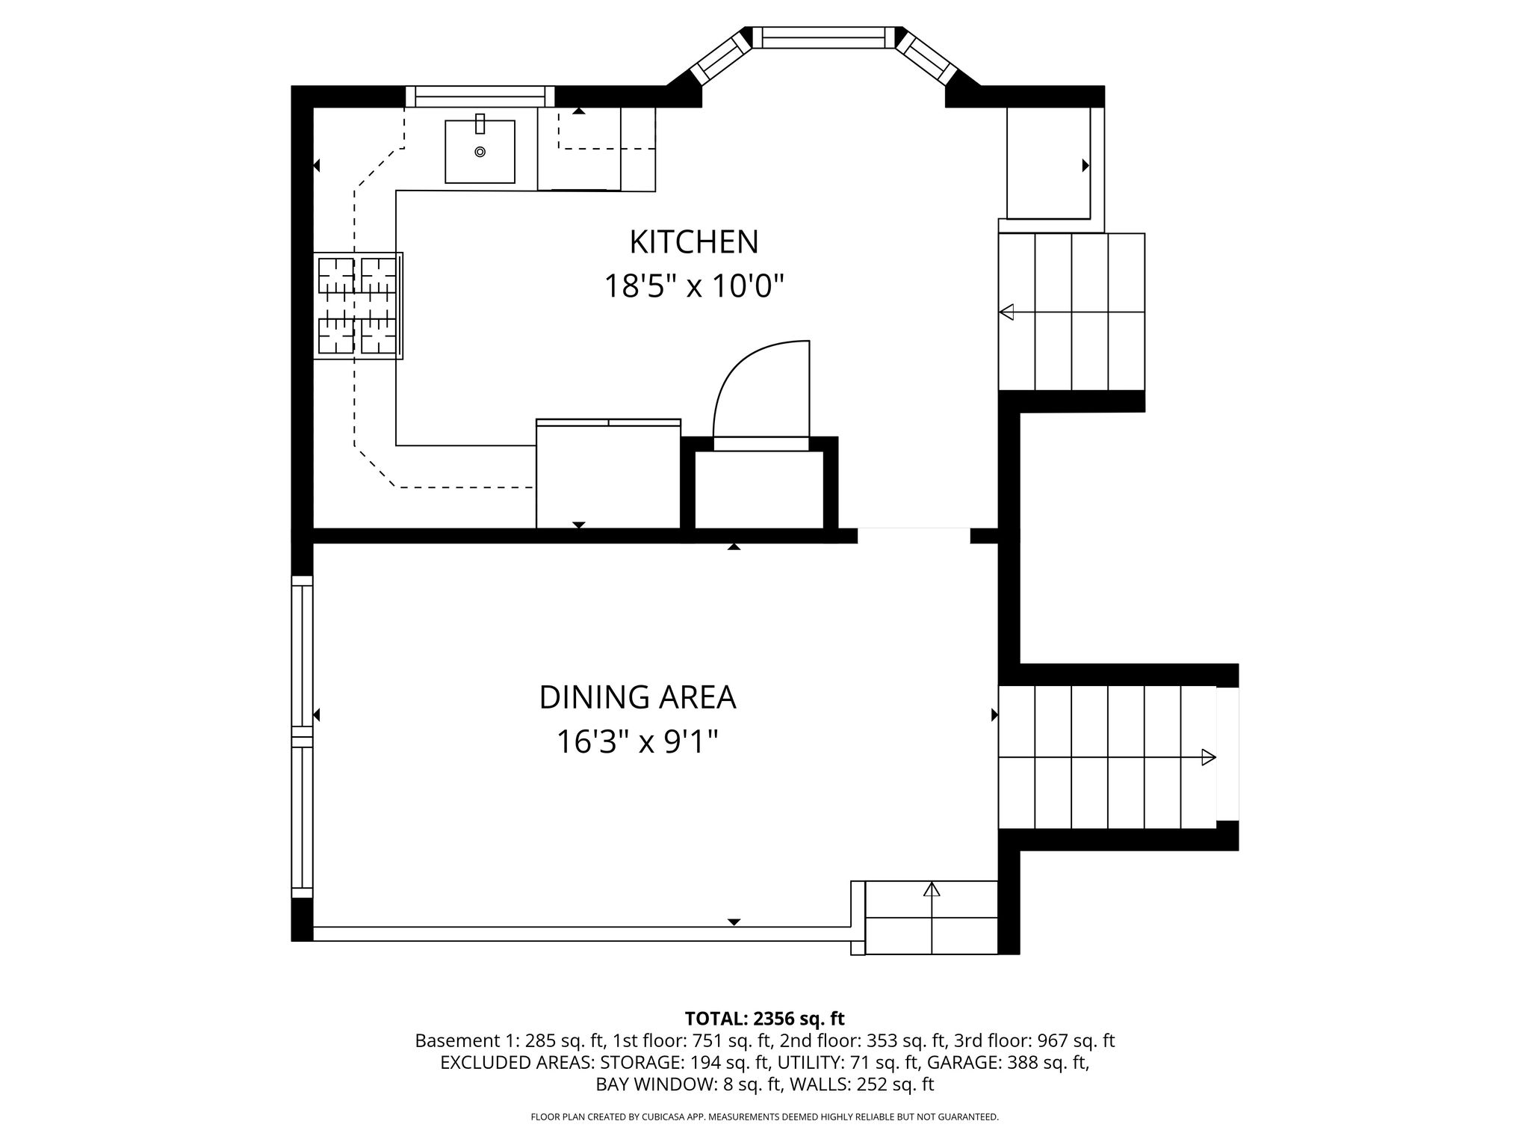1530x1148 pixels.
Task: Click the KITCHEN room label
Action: [694, 242]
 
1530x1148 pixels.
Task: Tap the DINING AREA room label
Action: [637, 697]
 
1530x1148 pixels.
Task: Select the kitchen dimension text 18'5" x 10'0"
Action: [694, 286]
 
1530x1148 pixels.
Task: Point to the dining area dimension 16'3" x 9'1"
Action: [637, 741]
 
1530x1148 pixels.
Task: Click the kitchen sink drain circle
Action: [480, 152]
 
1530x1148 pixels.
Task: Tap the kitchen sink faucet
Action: [480, 123]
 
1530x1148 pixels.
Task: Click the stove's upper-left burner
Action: [336, 275]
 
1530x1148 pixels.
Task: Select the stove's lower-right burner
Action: [379, 336]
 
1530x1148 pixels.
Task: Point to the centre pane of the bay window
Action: [823, 37]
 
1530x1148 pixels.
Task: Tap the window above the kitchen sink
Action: [480, 97]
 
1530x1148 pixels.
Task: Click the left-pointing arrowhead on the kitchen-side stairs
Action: [1006, 312]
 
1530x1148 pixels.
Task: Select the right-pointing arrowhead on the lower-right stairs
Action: [1209, 757]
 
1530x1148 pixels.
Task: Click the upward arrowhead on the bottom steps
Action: [932, 889]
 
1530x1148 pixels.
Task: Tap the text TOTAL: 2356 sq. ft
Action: [764, 1019]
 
